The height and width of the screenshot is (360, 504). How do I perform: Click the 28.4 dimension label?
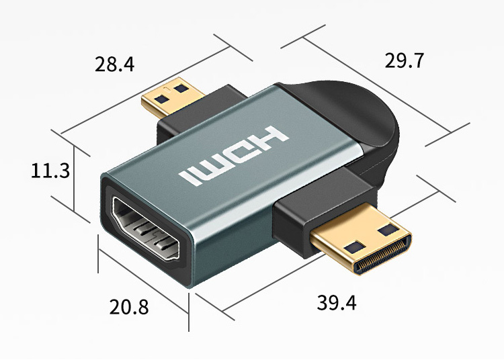point(114,64)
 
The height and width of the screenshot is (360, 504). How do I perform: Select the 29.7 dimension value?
point(405,60)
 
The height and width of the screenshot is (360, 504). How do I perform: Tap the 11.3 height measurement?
point(50,171)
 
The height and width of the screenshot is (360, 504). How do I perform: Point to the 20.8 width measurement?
point(129,306)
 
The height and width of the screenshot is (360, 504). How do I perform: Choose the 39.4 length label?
point(337,302)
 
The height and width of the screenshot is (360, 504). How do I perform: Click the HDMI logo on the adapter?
point(234,156)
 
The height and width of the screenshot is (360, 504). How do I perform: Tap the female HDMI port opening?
point(146,228)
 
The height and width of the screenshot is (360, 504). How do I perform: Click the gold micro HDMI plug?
point(173,97)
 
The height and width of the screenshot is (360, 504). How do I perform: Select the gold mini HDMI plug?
point(361,244)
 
